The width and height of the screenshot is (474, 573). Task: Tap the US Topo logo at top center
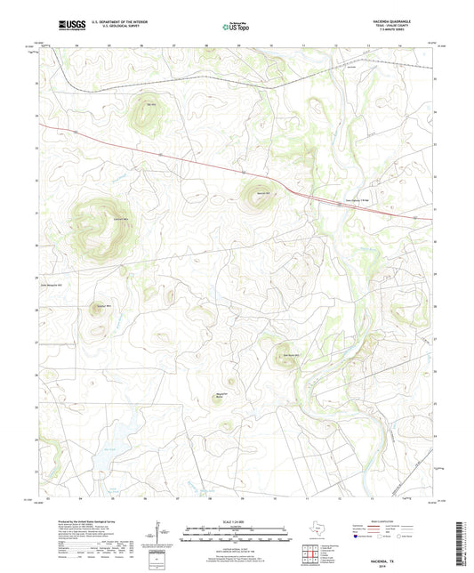[236, 26]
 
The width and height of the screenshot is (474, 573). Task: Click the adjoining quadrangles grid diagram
[311, 554]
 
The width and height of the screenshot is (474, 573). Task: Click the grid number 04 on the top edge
[79, 42]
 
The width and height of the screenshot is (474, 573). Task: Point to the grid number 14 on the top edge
[400, 42]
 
